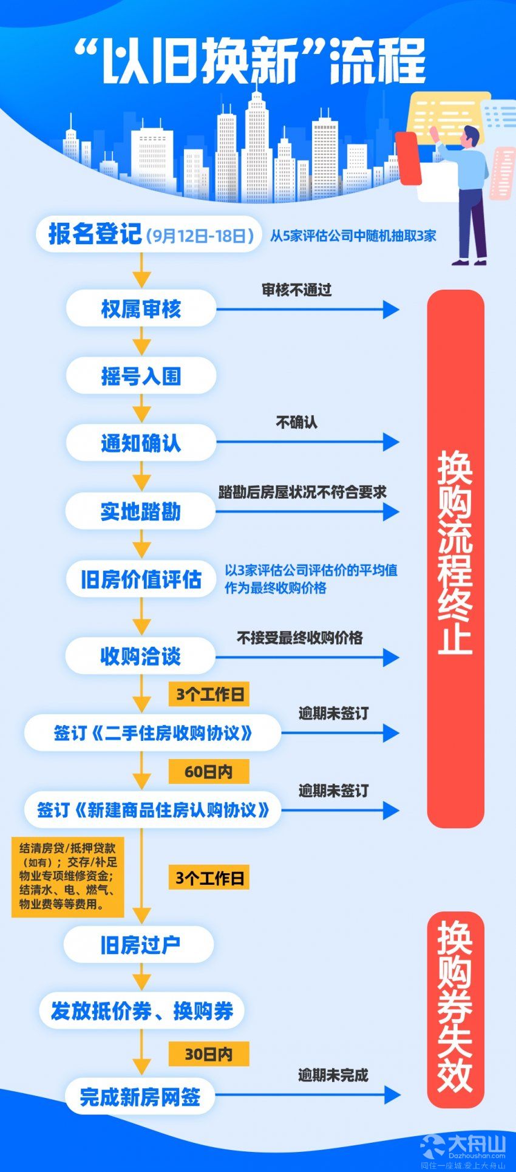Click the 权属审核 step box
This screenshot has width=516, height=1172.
tap(141, 309)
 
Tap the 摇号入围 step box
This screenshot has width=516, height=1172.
tap(141, 376)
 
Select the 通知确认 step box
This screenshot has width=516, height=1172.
tap(141, 443)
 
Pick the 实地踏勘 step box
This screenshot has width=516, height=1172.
tap(140, 511)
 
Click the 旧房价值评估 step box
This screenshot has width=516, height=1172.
tap(141, 579)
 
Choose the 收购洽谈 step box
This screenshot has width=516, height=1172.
tap(140, 656)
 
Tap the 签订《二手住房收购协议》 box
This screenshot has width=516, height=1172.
tap(152, 733)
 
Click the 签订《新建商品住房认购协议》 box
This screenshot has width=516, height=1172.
tap(152, 809)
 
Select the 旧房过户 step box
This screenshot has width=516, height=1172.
tap(139, 945)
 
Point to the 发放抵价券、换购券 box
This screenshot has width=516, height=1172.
tap(141, 1011)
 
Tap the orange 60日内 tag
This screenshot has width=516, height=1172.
tap(209, 772)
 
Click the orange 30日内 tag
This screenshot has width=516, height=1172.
tap(209, 1054)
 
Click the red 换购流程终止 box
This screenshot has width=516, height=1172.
tap(456, 559)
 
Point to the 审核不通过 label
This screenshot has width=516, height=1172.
tap(297, 290)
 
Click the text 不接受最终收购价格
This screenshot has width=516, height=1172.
tap(300, 638)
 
